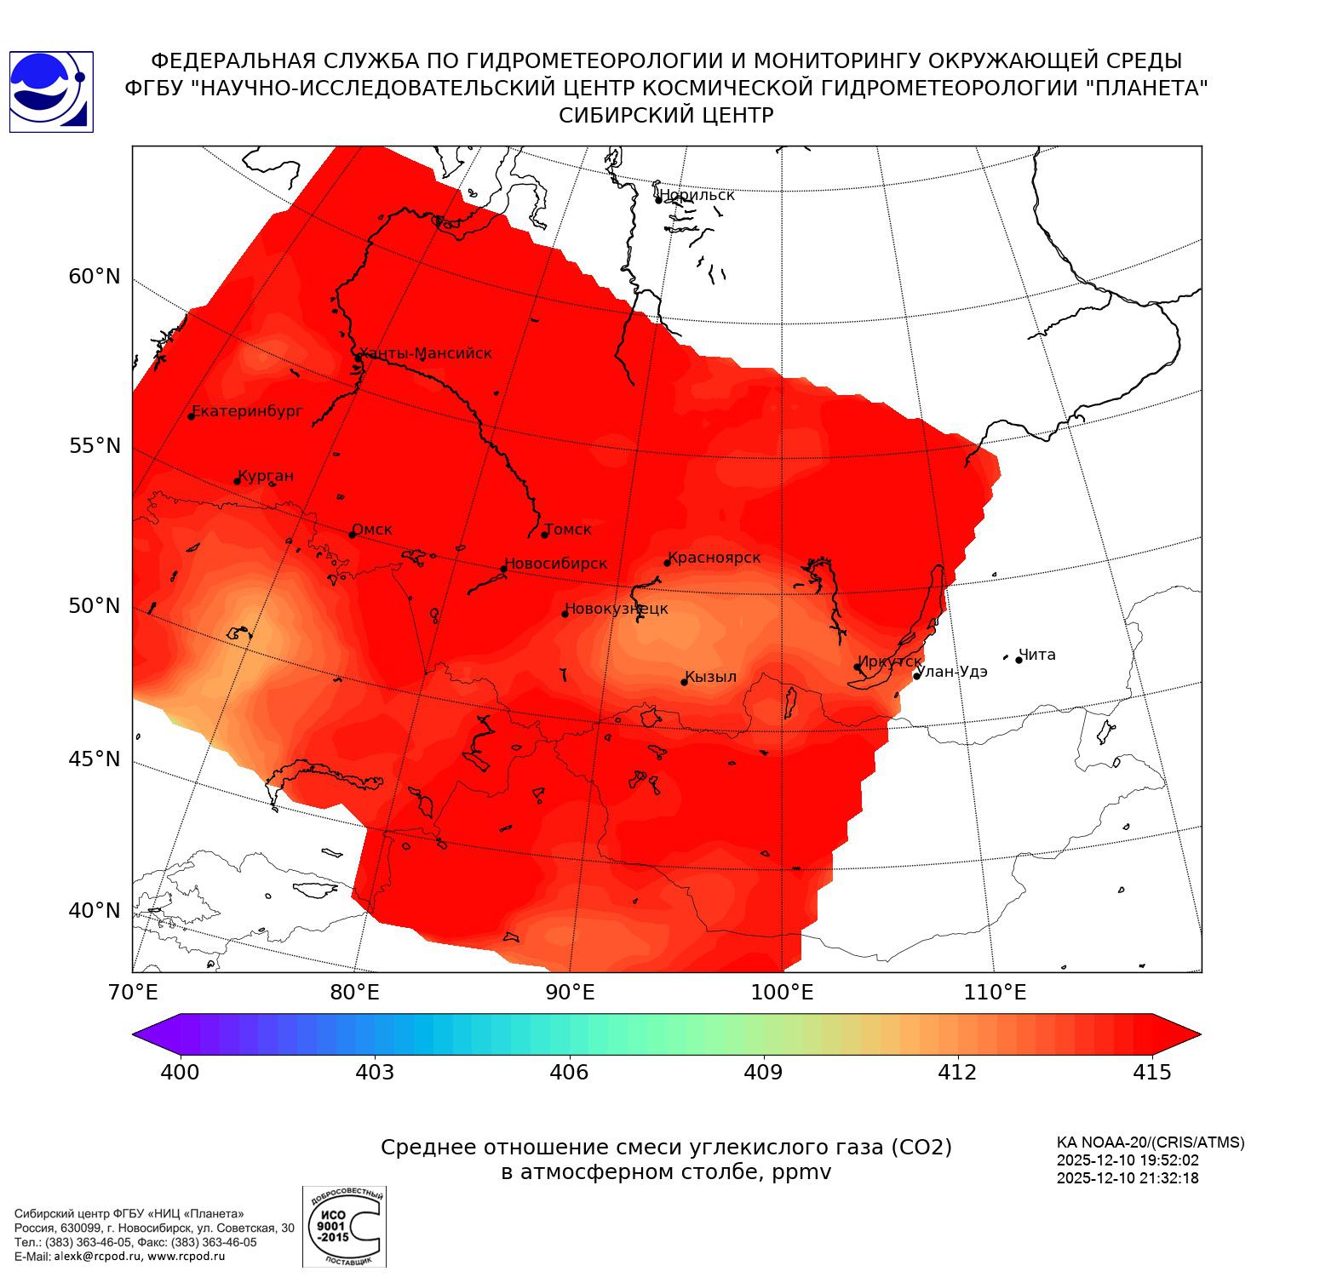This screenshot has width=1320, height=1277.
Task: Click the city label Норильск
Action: (x=697, y=195)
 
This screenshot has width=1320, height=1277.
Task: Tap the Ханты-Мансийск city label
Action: (x=426, y=353)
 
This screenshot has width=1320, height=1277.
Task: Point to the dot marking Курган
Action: (x=237, y=481)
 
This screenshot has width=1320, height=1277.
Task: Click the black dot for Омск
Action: (x=352, y=535)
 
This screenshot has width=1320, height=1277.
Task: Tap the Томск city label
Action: (x=568, y=530)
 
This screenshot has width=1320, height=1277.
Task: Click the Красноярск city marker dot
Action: (x=668, y=563)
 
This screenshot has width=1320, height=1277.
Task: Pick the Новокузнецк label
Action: (x=617, y=609)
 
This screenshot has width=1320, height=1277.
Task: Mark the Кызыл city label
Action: (x=711, y=677)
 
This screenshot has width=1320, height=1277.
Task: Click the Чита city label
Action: (x=1037, y=655)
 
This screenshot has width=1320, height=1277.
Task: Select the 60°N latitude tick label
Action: (x=95, y=277)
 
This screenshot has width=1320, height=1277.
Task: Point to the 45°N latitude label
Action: (x=95, y=759)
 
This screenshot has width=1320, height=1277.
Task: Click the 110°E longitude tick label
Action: (x=994, y=992)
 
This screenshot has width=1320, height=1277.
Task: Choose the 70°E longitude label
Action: (x=133, y=992)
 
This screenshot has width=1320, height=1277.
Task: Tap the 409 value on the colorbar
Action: (x=763, y=1072)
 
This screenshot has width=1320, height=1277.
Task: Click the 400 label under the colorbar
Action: (x=180, y=1072)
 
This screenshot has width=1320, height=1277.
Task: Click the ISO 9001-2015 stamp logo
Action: (x=344, y=1226)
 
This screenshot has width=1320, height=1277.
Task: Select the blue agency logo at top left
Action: (x=50, y=92)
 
